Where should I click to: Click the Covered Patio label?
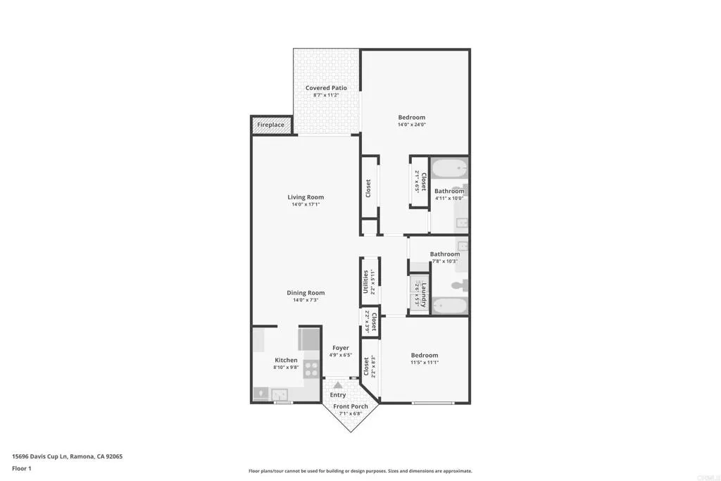[x=326, y=88]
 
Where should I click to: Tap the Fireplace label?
[x=270, y=125]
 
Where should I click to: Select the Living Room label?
[x=306, y=197]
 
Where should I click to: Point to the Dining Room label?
[x=306, y=293]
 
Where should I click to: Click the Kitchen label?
[x=286, y=360]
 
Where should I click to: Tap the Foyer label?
[x=341, y=348]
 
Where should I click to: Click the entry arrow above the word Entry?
[x=338, y=385]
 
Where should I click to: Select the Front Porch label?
[x=351, y=406]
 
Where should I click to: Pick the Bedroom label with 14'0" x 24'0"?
[x=411, y=118]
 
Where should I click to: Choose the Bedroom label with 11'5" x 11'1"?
[x=424, y=356]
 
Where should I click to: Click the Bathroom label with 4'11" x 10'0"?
[x=449, y=192]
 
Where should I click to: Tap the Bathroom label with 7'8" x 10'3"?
[x=445, y=254]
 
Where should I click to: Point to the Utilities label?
[x=365, y=282]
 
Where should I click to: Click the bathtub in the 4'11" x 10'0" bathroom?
[x=449, y=170]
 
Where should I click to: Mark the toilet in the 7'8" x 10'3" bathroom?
[x=458, y=285]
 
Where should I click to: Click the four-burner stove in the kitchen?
[x=312, y=369]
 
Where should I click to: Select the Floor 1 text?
[x=22, y=468]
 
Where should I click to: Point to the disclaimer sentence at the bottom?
[x=360, y=471]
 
